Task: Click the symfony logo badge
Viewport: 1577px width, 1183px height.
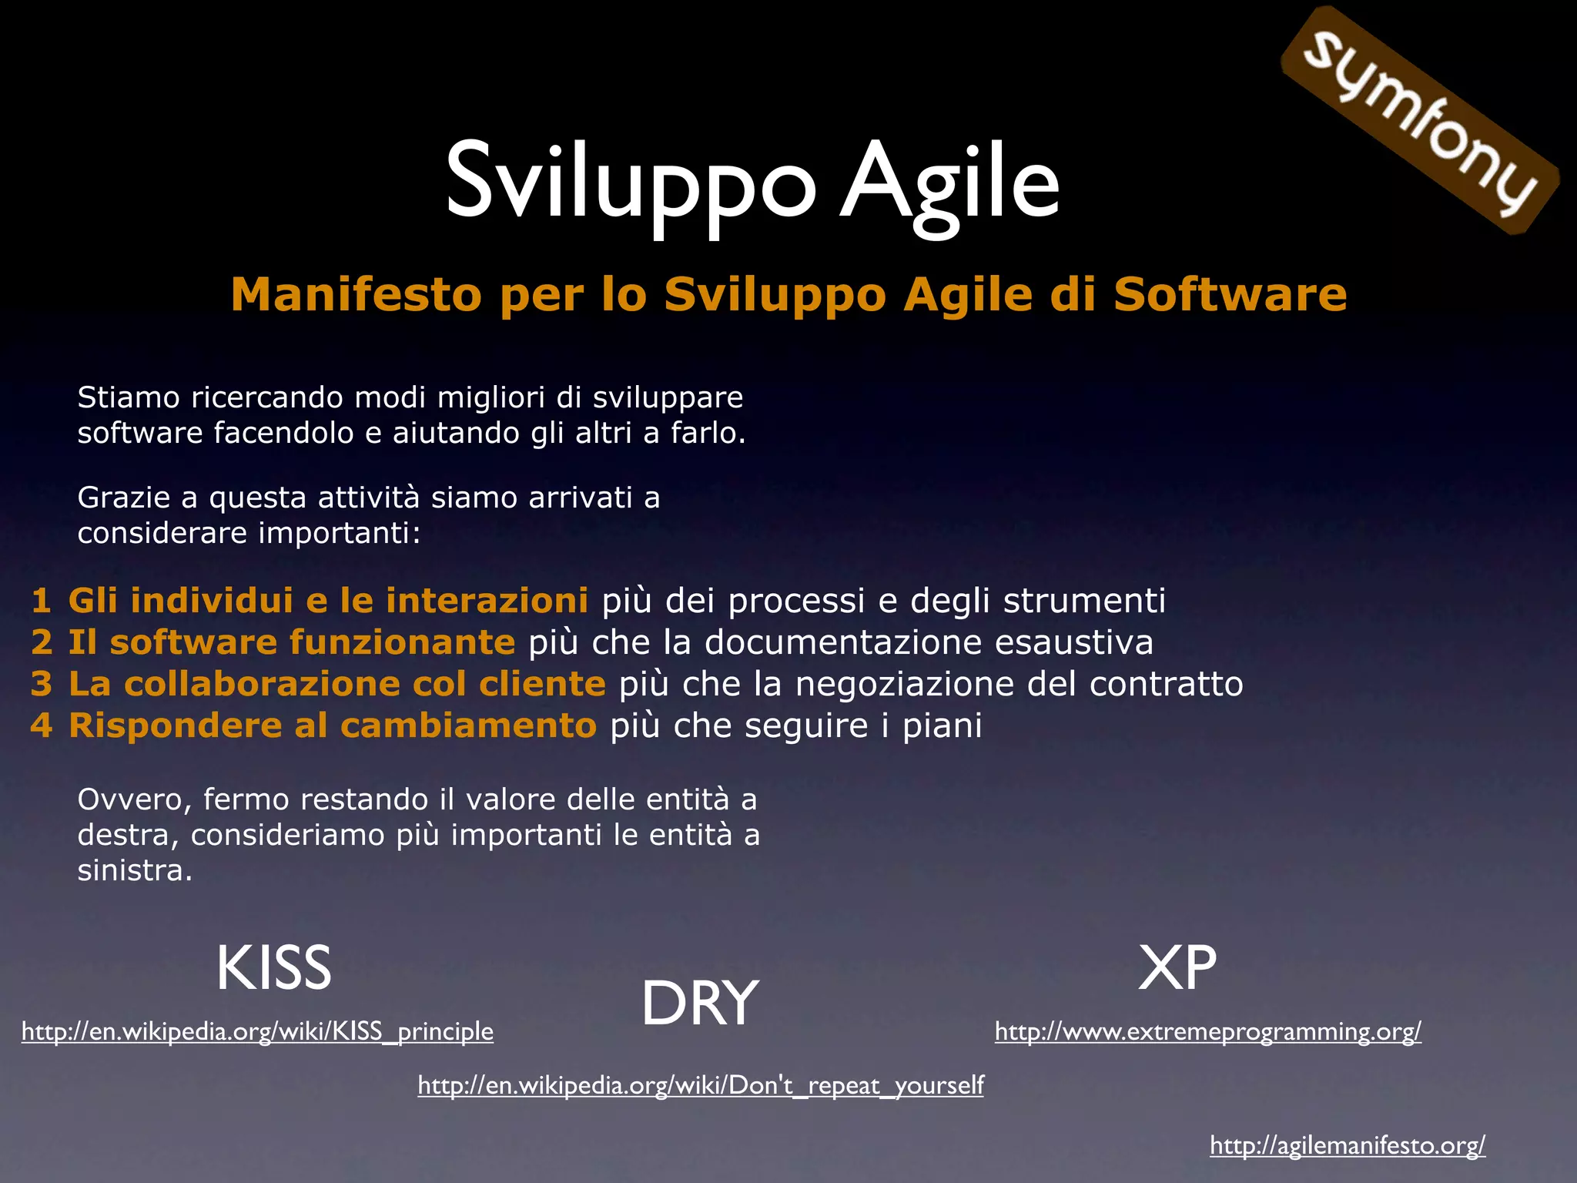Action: pos(1421,121)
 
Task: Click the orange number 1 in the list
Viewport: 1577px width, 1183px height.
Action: pos(42,601)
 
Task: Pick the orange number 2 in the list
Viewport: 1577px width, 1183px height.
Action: pos(42,642)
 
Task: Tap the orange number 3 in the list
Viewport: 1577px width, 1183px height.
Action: pos(42,684)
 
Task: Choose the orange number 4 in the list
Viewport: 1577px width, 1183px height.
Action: pos(42,726)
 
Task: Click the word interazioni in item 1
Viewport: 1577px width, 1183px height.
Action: pos(487,601)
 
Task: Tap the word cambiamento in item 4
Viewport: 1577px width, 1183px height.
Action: pos(468,726)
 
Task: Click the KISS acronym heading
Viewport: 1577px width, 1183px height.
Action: pos(273,967)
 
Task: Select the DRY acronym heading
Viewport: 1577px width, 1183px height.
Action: pos(699,1003)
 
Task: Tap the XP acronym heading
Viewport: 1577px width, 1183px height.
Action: pos(1177,967)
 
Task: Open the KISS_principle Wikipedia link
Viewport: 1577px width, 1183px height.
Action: pos(257,1031)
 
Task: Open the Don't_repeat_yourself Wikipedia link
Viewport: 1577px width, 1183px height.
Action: pos(701,1085)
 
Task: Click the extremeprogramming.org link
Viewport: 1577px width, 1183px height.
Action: pos(1207,1031)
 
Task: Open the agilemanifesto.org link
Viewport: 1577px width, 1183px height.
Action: pos(1347,1145)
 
